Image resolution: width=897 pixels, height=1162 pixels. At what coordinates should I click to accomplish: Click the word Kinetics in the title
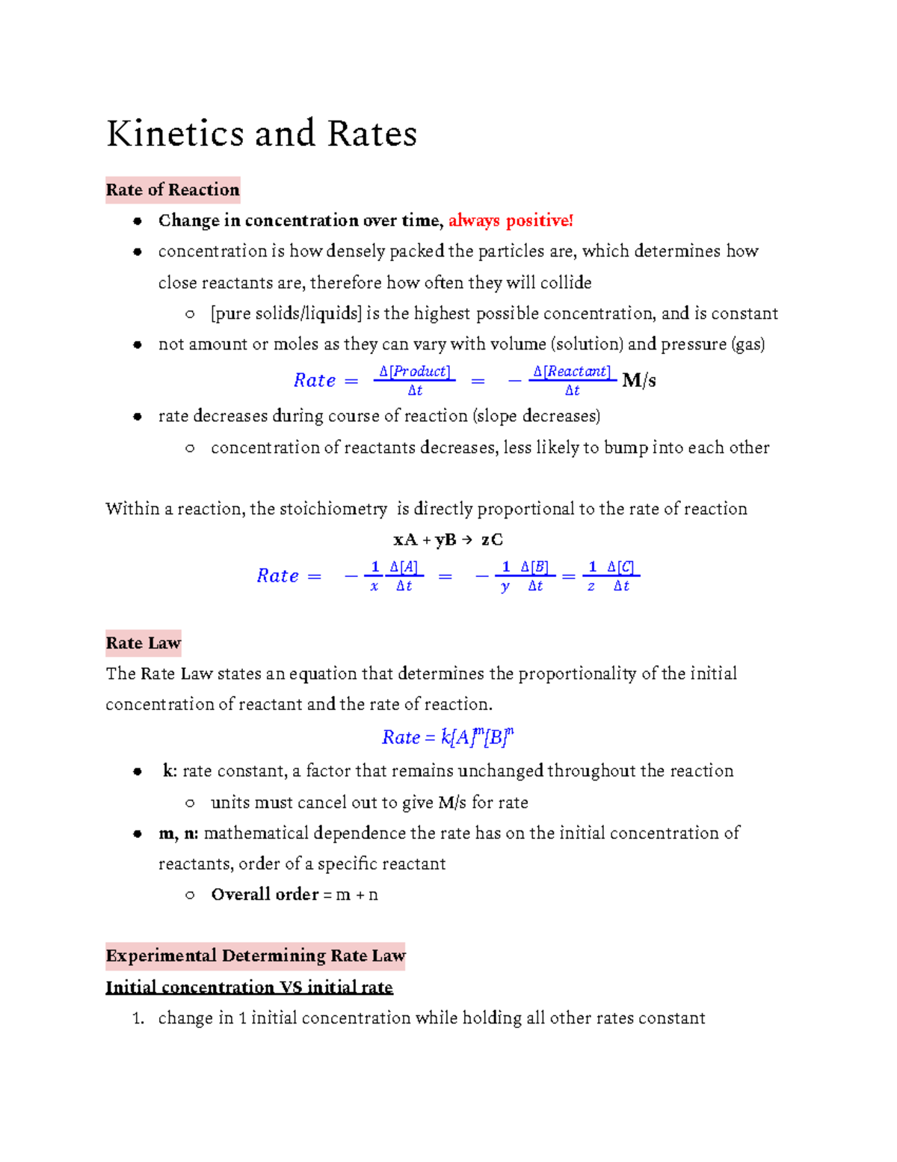[x=176, y=134]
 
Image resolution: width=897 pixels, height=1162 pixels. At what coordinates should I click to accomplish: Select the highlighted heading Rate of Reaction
[x=173, y=190]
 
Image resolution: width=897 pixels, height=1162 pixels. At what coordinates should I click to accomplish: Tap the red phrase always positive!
[x=511, y=221]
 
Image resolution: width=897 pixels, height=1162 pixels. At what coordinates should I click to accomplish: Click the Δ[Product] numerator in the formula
[x=414, y=372]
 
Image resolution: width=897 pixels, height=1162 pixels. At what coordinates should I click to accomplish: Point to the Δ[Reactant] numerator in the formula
[x=572, y=372]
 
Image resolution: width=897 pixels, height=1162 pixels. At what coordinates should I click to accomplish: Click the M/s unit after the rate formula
[x=639, y=381]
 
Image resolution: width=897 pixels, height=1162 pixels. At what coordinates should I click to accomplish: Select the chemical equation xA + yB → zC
[x=448, y=539]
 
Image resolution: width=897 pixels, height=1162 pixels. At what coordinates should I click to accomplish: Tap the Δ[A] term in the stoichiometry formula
[x=404, y=567]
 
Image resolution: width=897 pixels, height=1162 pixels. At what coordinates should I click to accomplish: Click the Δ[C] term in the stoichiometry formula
[x=620, y=567]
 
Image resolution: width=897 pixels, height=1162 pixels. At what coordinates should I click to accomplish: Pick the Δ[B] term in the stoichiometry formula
[x=534, y=567]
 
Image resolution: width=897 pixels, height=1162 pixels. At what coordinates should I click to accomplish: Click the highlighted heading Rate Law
[x=143, y=643]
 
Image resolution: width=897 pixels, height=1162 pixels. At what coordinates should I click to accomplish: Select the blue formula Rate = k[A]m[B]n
[x=448, y=738]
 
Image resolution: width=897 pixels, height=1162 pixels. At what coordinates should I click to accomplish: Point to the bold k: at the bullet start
[x=170, y=771]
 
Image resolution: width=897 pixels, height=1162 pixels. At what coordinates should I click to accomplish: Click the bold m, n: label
[x=178, y=834]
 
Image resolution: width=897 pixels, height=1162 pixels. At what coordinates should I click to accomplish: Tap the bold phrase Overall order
[x=265, y=895]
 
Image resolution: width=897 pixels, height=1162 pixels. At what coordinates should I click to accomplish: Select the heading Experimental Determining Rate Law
[x=255, y=956]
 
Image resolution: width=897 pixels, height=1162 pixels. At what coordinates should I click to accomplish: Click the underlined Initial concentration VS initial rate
[x=249, y=988]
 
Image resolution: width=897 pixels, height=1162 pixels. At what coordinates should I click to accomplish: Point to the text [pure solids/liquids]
[x=286, y=314]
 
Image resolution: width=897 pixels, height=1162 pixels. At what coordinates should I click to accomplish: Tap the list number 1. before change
[x=138, y=1018]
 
